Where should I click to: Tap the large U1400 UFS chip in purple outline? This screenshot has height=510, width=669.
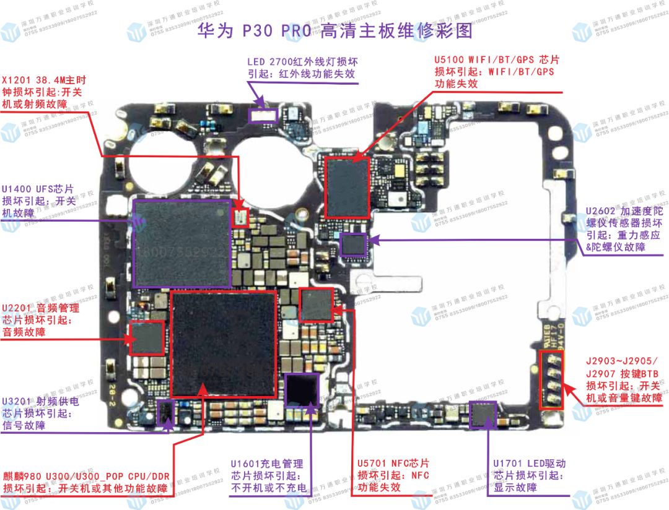tap(183, 243)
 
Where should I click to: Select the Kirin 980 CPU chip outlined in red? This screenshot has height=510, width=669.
tap(224, 344)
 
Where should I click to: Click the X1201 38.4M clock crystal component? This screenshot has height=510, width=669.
tap(240, 217)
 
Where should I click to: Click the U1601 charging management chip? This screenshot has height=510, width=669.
tap(302, 390)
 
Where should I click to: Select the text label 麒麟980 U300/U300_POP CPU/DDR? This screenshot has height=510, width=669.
tap(86, 476)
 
